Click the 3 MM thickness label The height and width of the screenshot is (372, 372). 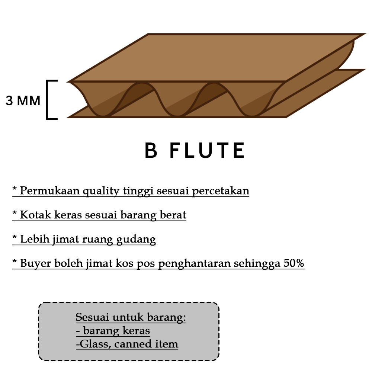tap(23, 101)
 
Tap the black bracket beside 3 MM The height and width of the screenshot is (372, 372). tap(49, 100)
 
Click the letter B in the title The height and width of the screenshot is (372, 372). tap(151, 151)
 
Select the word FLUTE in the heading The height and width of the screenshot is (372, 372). tap(207, 151)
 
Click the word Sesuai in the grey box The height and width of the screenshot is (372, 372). tap(87, 317)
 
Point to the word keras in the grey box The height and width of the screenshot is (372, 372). tap(137, 331)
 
